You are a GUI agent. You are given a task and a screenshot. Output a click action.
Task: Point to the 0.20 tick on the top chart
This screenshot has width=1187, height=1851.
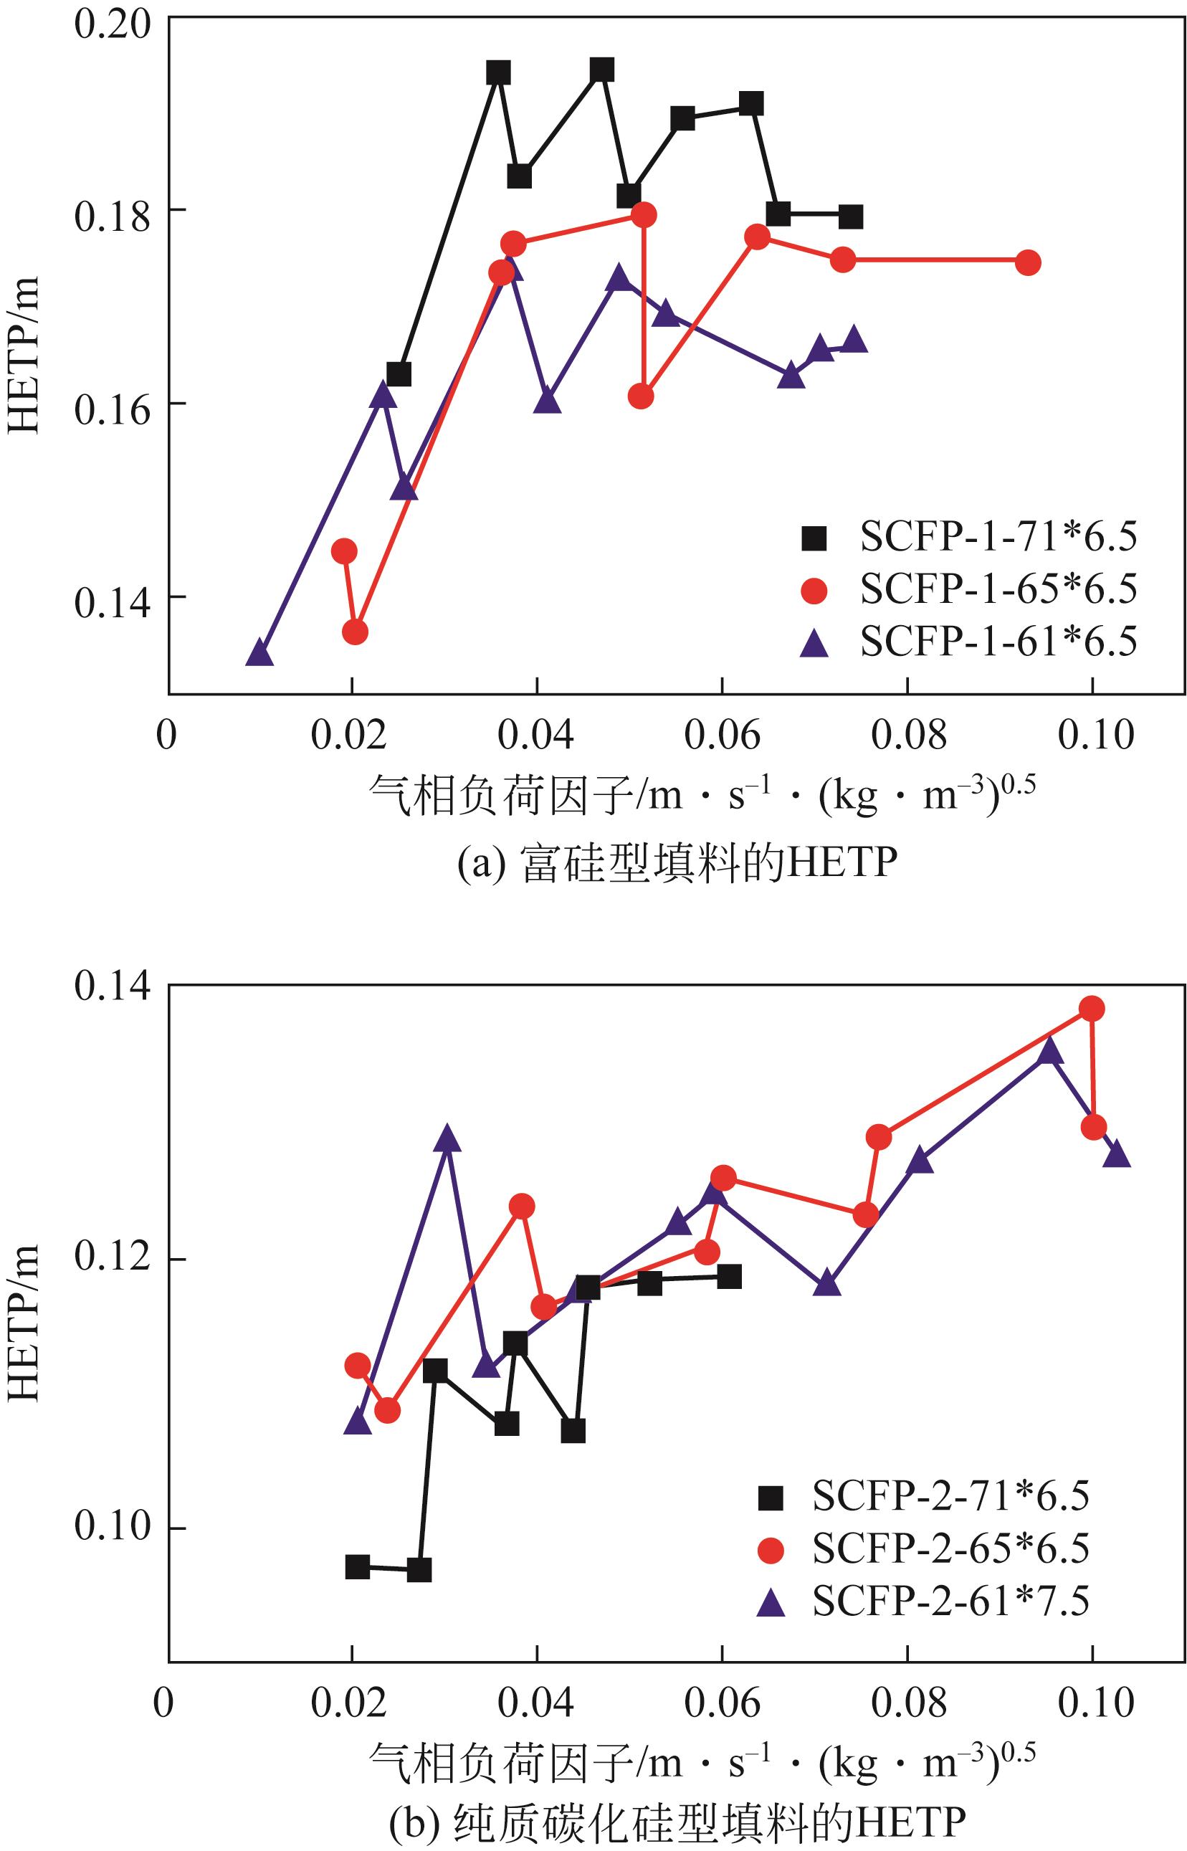pos(111,23)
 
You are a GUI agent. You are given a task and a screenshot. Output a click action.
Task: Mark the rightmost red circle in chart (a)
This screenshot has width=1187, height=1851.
pos(1026,263)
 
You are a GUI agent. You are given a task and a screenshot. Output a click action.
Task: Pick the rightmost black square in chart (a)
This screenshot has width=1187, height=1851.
pos(850,216)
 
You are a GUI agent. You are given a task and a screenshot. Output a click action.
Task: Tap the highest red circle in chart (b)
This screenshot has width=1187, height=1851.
pos(1092,1009)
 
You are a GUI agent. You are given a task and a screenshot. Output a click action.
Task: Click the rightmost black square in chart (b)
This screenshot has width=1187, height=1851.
pos(728,1276)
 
